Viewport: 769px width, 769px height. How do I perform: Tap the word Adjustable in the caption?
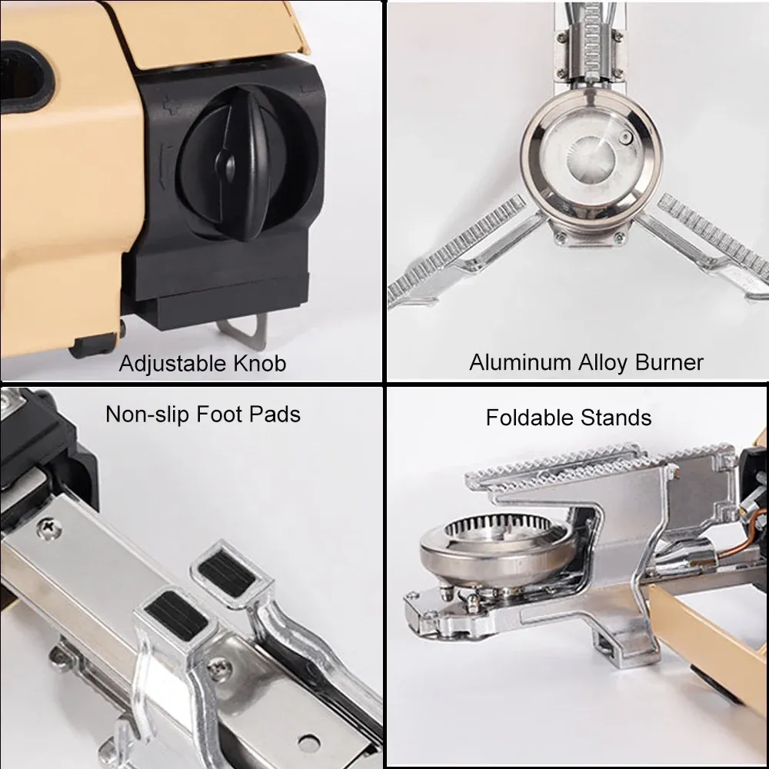point(173,365)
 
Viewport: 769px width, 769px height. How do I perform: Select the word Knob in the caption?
point(260,364)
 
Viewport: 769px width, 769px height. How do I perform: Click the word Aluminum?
point(521,362)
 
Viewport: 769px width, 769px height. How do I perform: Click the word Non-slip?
point(148,415)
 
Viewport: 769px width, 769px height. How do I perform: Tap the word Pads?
point(275,414)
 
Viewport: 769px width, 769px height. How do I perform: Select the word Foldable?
point(530,418)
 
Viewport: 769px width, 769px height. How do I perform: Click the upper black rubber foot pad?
point(227,571)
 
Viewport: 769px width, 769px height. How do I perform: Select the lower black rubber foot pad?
point(176,614)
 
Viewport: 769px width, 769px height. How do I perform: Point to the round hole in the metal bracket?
point(308,744)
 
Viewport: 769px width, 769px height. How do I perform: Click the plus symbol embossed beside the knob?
point(170,105)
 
